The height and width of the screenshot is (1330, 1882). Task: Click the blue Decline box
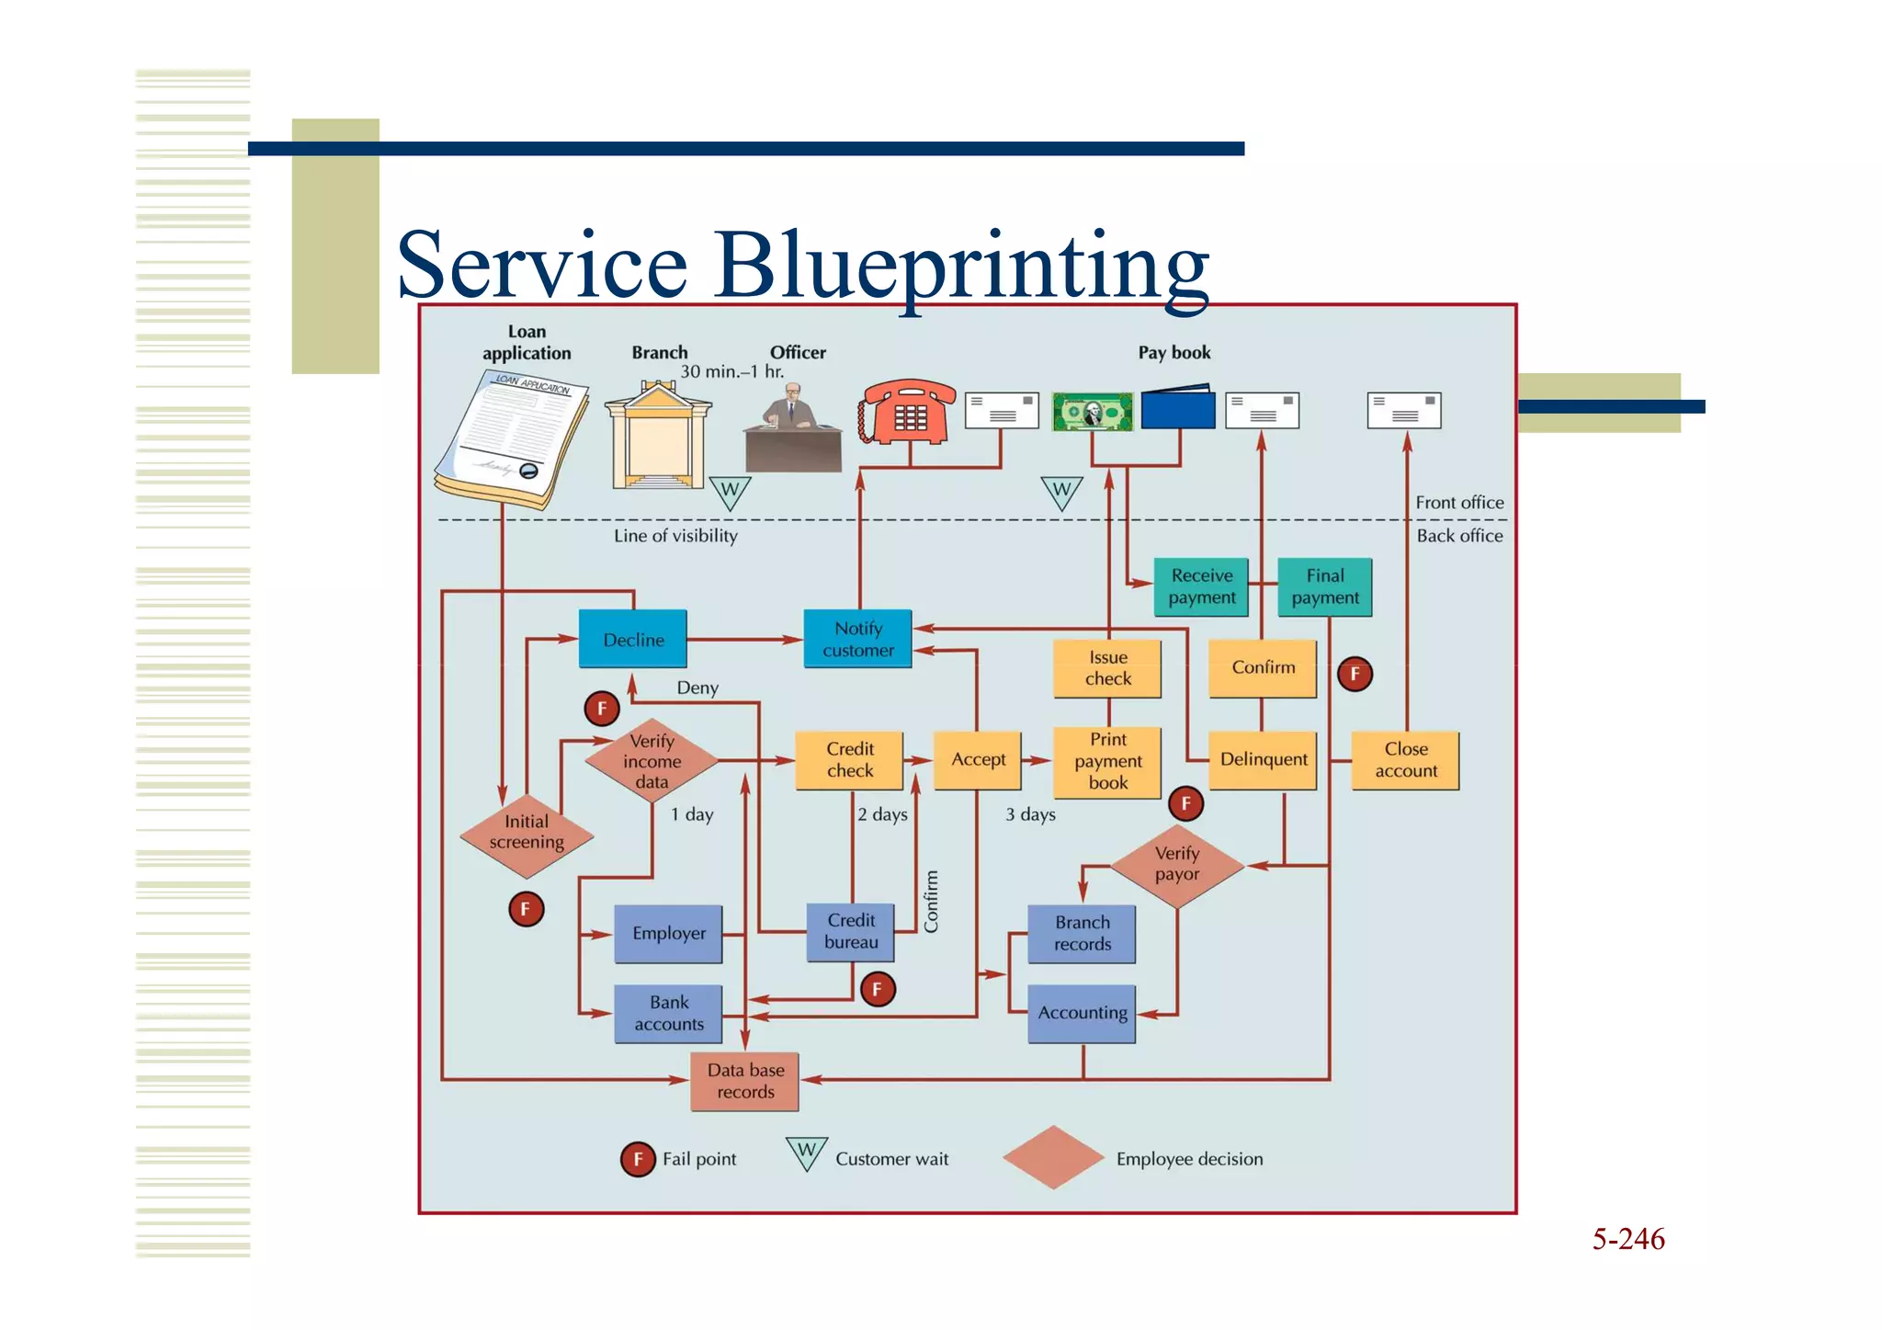click(x=632, y=639)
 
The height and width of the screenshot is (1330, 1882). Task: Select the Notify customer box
click(x=857, y=639)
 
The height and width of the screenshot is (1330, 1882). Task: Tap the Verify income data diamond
click(x=652, y=761)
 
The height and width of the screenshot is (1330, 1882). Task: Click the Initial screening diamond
click(x=526, y=833)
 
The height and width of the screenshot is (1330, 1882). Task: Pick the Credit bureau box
click(x=851, y=931)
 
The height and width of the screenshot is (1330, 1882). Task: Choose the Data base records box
click(x=744, y=1081)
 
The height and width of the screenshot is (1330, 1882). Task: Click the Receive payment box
click(x=1201, y=586)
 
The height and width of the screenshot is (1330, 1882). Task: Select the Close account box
click(x=1405, y=760)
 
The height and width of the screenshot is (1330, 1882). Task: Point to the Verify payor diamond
click(x=1176, y=864)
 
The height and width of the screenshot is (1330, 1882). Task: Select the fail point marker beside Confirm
click(x=1355, y=674)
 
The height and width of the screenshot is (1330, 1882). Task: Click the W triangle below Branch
click(x=730, y=491)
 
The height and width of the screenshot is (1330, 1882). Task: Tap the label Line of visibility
click(x=675, y=536)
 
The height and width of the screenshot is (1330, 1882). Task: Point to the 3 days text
click(x=1030, y=814)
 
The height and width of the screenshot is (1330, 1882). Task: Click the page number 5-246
click(x=1627, y=1239)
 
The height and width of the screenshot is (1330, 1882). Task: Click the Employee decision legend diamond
click(x=1052, y=1157)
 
